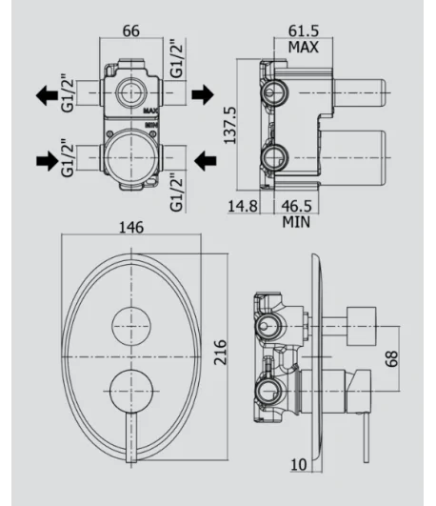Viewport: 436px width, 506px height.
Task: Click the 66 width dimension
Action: pos(131,31)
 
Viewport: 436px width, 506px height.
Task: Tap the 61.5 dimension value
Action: pos(304,31)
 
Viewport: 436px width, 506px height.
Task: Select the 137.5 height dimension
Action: pos(230,126)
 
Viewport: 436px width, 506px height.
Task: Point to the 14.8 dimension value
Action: pos(243,206)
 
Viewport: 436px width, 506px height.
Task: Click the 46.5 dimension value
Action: pos(297,206)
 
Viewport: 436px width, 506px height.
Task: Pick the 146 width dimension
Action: pos(131,228)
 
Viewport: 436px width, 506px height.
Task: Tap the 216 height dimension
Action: pos(221,352)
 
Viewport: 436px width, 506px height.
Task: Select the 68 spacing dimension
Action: pos(392,358)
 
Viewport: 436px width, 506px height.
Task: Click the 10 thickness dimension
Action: pos(299,465)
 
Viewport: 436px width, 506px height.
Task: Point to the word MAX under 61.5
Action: pos(303,47)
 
